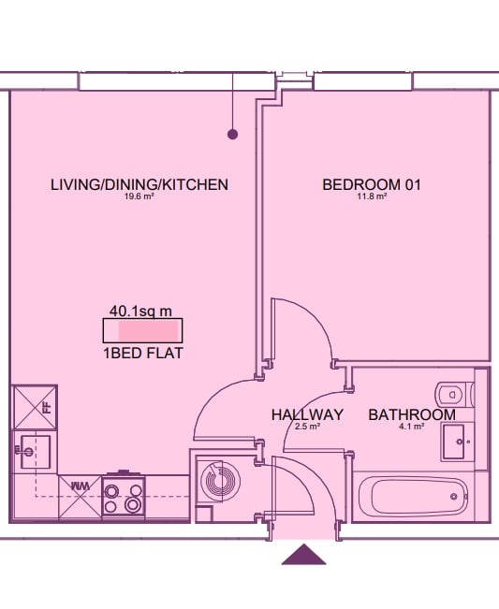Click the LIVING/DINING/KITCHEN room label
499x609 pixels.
point(139,184)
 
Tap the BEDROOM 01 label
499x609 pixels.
point(372,184)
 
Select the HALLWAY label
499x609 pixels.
point(307,414)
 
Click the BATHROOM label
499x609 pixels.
point(412,414)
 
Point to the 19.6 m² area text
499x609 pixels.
point(139,196)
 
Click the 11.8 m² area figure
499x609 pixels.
point(372,196)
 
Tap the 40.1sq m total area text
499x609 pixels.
point(140,312)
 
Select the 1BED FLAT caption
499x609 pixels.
point(143,354)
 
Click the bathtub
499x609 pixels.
point(413,497)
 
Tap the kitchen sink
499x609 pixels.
point(36,451)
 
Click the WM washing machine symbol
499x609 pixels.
point(81,497)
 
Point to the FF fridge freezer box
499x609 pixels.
point(36,407)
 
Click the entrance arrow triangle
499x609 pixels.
point(304,555)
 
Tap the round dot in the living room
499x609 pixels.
point(232,135)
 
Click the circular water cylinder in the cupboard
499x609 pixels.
point(220,482)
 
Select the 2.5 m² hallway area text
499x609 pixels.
point(307,427)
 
